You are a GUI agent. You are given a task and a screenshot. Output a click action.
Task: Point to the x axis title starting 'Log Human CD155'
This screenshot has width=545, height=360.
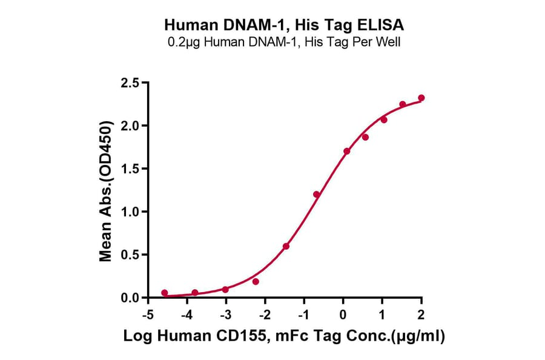284,338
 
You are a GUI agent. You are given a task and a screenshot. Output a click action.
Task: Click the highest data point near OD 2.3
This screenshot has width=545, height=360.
421,98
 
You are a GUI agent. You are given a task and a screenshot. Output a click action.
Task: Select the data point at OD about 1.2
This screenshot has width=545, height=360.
316,194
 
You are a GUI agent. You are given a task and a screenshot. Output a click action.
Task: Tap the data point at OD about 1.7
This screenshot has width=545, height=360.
346,151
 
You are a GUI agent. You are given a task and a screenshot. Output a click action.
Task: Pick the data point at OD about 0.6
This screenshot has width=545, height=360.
286,246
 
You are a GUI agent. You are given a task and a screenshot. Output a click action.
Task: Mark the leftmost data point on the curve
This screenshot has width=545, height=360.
165,293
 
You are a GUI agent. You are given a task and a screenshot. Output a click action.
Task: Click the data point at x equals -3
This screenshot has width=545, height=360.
225,289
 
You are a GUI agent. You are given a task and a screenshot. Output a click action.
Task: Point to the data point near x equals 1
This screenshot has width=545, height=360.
384,120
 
